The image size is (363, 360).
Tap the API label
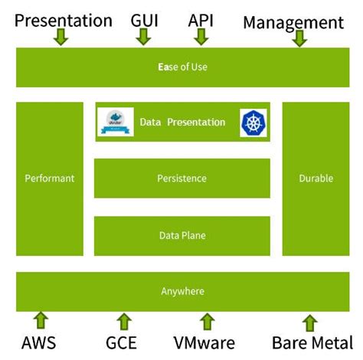tap(201, 19)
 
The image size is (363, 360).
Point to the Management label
tap(293, 22)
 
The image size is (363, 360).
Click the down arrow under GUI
tap(142, 36)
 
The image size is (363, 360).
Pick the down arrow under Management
tap(299, 38)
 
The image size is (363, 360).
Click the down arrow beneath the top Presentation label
tap(62, 36)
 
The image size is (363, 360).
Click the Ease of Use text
tap(181, 67)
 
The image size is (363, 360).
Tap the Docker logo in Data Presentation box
tap(116, 123)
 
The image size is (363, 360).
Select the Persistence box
tap(181, 178)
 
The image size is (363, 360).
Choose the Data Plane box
tap(181, 236)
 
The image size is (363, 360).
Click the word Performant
tap(50, 178)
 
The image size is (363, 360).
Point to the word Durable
tap(316, 178)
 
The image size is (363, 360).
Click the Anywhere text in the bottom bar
tap(181, 292)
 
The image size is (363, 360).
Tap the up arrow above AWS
tap(41, 319)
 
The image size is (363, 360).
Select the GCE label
tap(123, 342)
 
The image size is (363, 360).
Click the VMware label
tap(206, 342)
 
